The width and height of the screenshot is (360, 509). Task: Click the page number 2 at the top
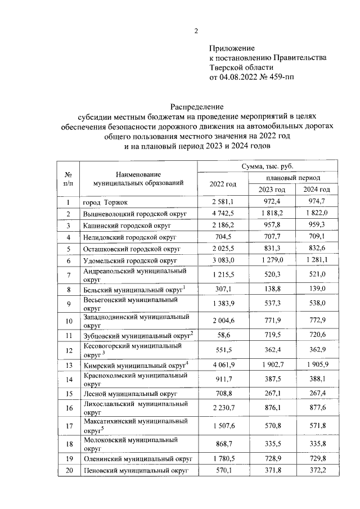coord(196,31)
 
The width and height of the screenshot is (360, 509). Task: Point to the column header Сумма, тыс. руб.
coord(268,166)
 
